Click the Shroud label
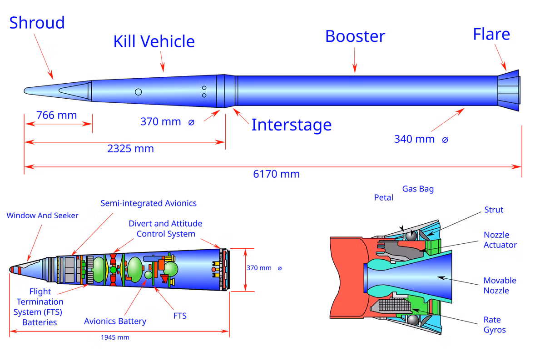[x=37, y=23]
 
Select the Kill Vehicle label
[x=154, y=41]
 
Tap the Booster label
[x=355, y=37]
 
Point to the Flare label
[x=491, y=35]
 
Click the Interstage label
[x=291, y=125]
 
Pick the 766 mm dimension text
[x=57, y=115]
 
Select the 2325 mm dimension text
[x=130, y=149]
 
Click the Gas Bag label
[x=418, y=189]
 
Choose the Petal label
[x=383, y=197]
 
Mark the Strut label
[x=494, y=210]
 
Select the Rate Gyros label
[x=495, y=325]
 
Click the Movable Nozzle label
[x=500, y=286]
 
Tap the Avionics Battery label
[x=115, y=322]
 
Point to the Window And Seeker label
[x=42, y=216]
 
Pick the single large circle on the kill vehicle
[x=139, y=92]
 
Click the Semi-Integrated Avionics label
[x=149, y=203]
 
